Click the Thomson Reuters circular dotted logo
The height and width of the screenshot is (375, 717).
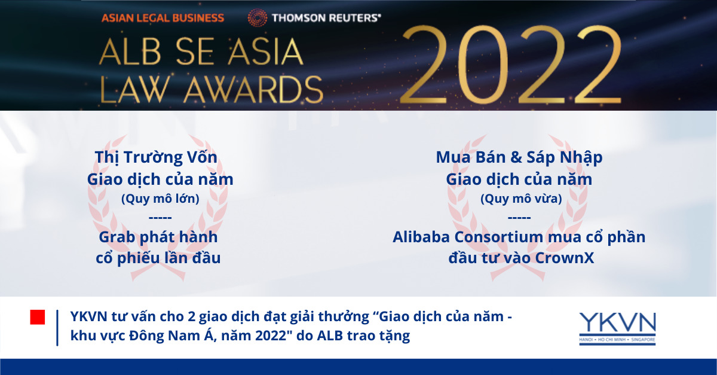tap(258, 17)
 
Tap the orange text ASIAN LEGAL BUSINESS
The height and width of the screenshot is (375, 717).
tap(163, 18)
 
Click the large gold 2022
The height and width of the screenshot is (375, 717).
tap(511, 65)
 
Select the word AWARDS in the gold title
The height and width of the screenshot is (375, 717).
tap(253, 90)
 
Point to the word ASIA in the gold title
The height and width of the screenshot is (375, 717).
tap(265, 51)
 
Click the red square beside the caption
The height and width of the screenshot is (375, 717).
tap(38, 317)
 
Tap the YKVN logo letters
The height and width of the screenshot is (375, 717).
tap(617, 323)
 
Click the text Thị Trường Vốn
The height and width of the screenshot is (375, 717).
tap(156, 157)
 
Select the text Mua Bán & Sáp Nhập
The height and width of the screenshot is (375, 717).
tap(519, 158)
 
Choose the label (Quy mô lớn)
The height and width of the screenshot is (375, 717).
tap(160, 199)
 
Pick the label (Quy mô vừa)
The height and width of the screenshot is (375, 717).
tap(521, 199)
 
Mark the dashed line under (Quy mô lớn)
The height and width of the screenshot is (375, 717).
tap(160, 218)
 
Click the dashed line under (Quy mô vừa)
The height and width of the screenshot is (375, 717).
tap(519, 218)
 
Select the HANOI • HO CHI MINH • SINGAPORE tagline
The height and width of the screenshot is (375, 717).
tap(617, 340)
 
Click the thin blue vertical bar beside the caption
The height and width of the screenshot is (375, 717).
tap(57, 328)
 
